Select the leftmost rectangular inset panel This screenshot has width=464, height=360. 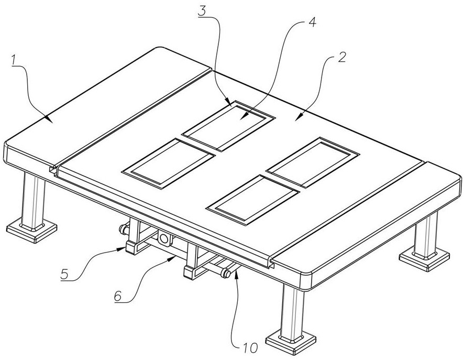point(169,162)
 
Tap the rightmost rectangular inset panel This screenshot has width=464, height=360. point(313,161)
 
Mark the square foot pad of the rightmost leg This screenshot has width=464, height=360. point(425,257)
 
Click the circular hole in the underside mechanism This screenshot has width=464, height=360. point(165,240)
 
